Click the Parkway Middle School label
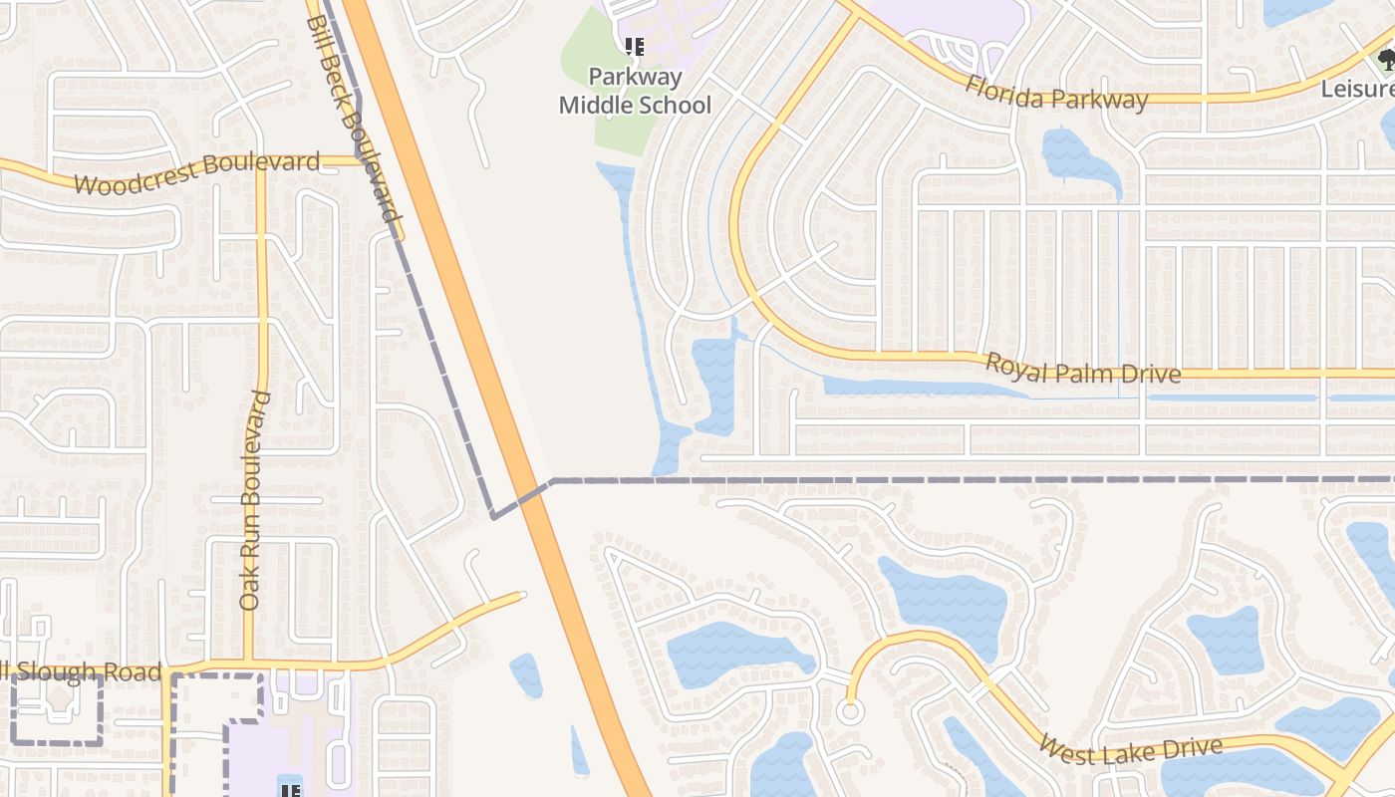[x=635, y=91]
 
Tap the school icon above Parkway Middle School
[x=635, y=47]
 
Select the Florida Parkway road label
[x=1056, y=94]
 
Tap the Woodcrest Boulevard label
[x=196, y=173]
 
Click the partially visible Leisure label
[x=1357, y=89]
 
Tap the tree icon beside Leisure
[x=1386, y=60]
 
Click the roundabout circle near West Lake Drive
[x=850, y=711]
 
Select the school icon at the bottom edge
[x=290, y=790]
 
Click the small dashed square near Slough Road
[x=57, y=710]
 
